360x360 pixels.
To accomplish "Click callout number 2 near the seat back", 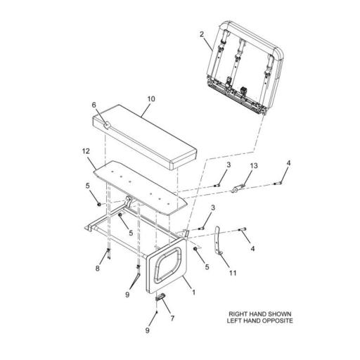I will (x=202, y=33).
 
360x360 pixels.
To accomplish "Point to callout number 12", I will (x=85, y=151).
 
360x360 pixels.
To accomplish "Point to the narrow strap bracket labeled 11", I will (x=218, y=243).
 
